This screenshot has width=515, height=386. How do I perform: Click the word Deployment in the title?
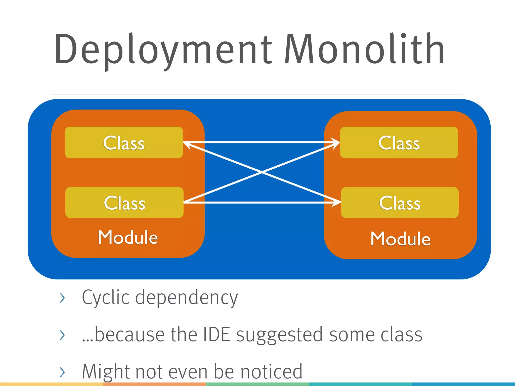pos(163,49)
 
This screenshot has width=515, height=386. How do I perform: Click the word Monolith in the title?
pos(365,49)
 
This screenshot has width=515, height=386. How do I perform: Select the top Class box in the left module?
pos(124,142)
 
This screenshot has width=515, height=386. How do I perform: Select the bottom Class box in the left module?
pos(124,203)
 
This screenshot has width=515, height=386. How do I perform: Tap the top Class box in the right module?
pos(399,142)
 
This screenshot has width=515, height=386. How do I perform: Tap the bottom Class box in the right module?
pos(400,203)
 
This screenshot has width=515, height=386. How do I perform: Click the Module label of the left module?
pos(128,237)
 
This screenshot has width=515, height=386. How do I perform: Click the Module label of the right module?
pos(400,239)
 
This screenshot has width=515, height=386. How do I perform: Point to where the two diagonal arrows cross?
pos(262,172)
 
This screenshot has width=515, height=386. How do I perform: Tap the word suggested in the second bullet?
pos(279,335)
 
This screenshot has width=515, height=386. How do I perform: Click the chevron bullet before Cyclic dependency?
pos(62,298)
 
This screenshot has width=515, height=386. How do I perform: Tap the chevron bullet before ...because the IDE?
pos(62,335)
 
